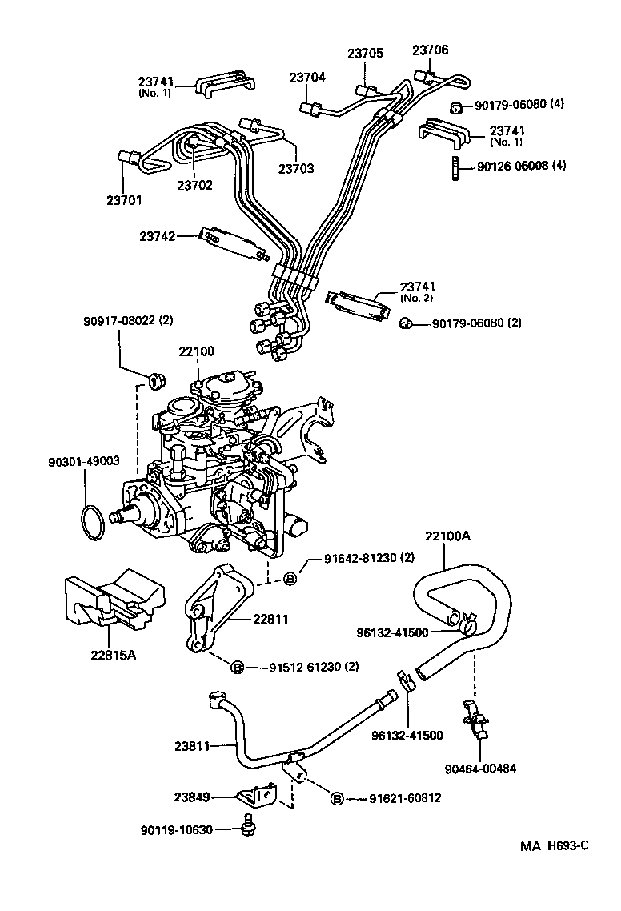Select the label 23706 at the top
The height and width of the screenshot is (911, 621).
430,50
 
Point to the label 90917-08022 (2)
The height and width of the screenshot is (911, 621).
127,321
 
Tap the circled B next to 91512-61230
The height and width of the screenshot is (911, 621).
237,667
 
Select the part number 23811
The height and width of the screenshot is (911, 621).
192,746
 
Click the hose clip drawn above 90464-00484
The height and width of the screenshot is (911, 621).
477,718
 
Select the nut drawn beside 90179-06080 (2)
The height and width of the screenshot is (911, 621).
407,323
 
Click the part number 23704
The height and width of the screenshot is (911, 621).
307,78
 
